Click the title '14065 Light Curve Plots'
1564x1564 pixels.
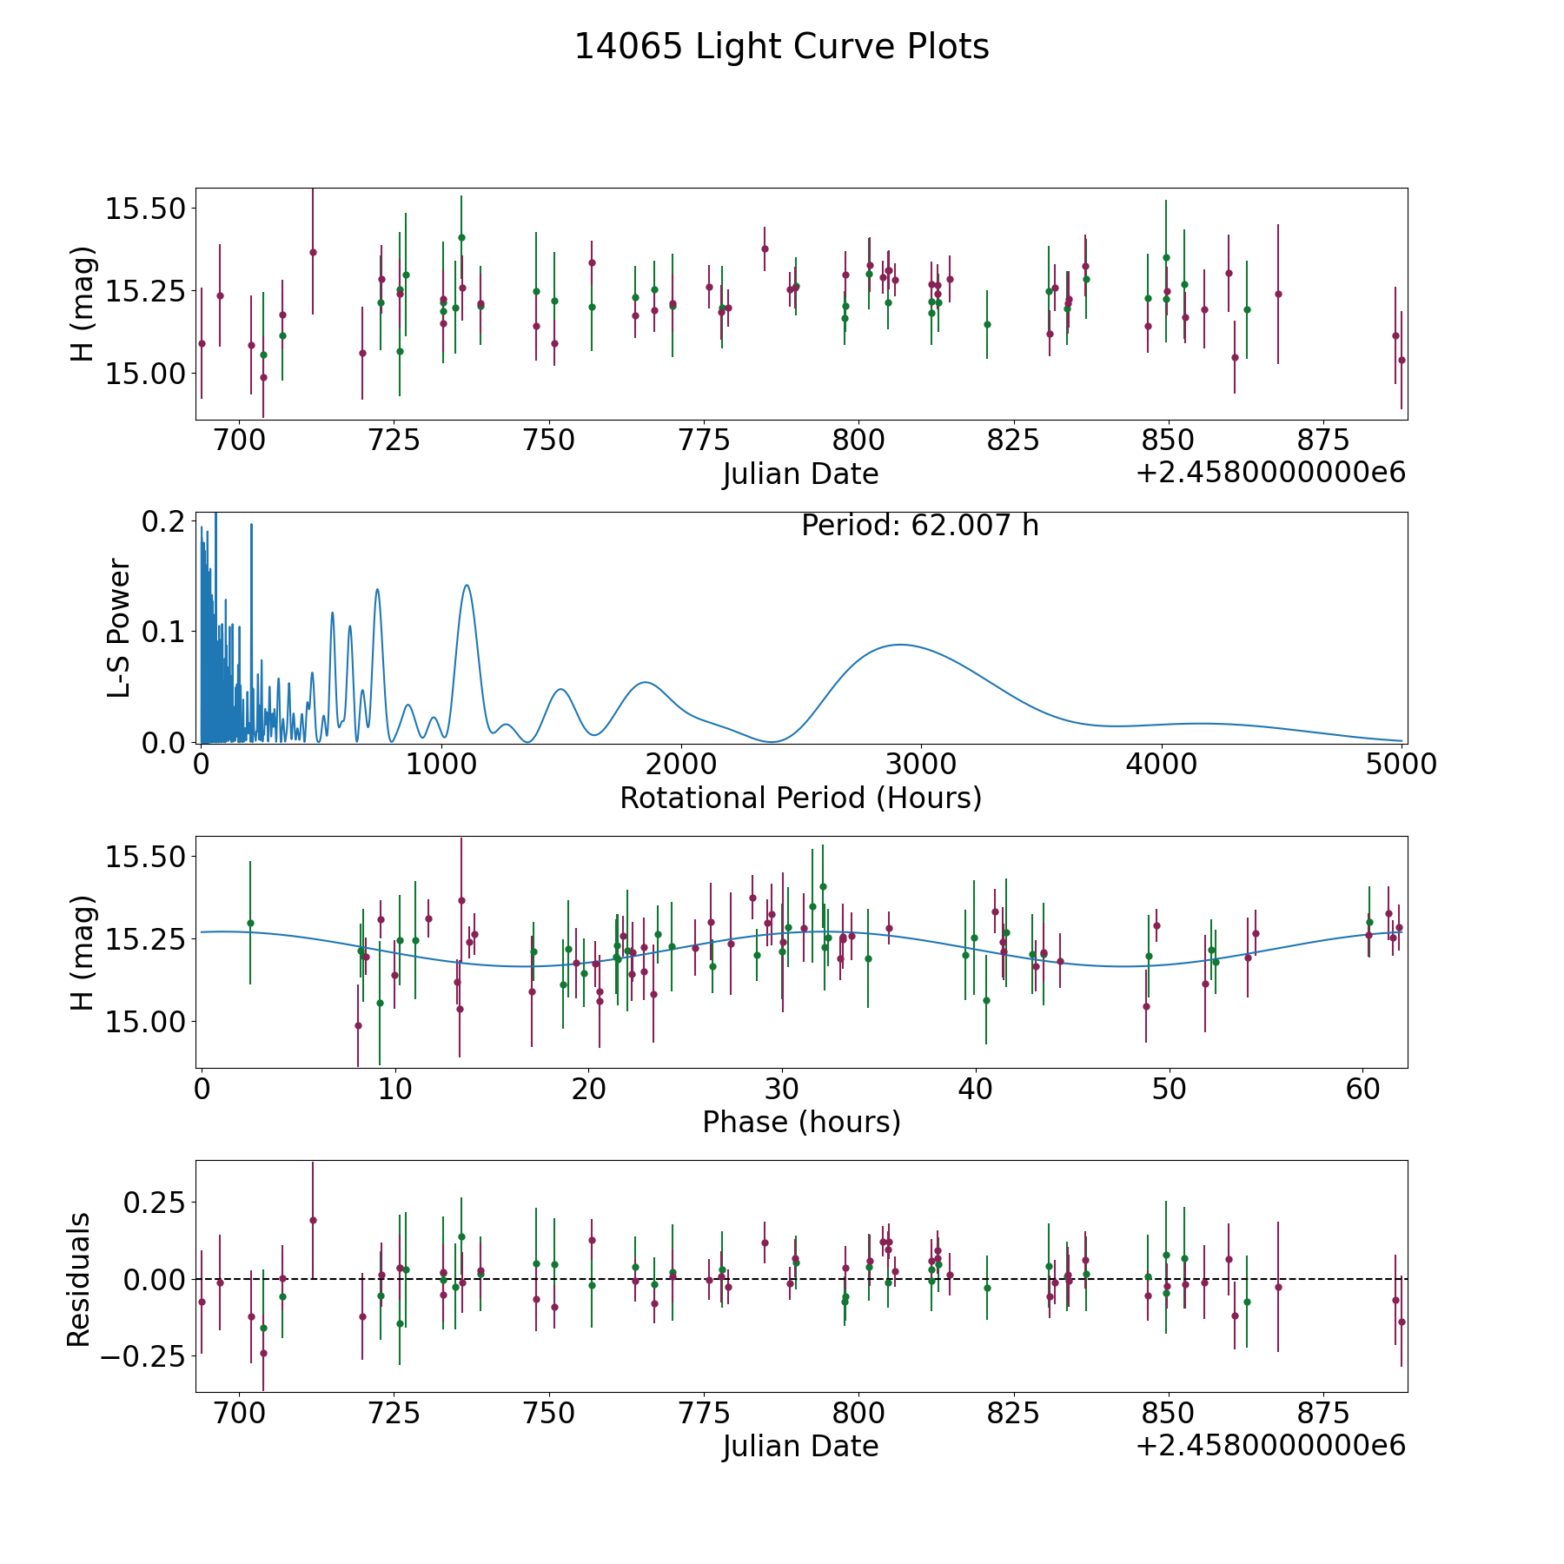point(781,47)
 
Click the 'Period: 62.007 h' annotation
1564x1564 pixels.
point(920,526)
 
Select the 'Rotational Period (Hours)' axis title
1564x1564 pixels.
point(800,798)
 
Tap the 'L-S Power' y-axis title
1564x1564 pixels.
point(120,628)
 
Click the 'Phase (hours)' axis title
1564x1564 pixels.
point(801,1122)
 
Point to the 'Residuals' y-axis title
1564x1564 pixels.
point(79,1280)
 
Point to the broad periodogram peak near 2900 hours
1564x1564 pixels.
point(900,645)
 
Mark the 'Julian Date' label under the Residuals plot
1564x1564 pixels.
point(800,1446)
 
